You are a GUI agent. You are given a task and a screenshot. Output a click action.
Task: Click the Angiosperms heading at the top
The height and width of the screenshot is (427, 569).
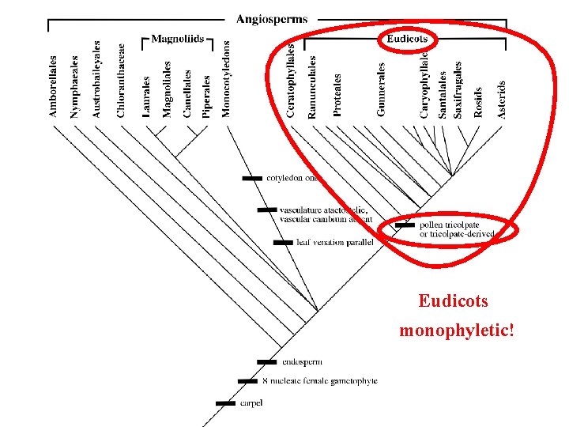pyautogui.click(x=273, y=18)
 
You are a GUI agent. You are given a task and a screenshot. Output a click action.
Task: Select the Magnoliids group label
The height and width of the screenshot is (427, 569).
pyautogui.click(x=178, y=39)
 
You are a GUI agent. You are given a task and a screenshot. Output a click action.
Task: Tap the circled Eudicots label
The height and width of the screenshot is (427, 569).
pyautogui.click(x=406, y=39)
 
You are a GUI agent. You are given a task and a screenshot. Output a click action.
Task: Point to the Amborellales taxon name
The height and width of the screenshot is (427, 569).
pyautogui.click(x=53, y=85)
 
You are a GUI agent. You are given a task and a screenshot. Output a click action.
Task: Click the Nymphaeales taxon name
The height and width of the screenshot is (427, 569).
pyautogui.click(x=75, y=87)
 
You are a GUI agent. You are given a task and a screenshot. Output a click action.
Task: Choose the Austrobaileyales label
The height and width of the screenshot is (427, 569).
pyautogui.click(x=96, y=80)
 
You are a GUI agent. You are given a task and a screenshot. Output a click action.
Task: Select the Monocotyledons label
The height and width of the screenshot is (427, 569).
pyautogui.click(x=227, y=79)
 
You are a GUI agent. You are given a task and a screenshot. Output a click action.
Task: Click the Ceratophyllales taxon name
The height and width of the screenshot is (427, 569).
pyautogui.click(x=291, y=81)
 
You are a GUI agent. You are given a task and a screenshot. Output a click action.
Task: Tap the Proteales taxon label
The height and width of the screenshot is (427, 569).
pyautogui.click(x=337, y=95)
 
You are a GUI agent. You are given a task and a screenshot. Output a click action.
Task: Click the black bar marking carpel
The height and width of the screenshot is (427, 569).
pyautogui.click(x=227, y=403)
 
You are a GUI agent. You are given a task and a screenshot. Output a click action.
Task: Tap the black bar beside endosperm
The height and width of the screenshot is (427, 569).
pyautogui.click(x=269, y=362)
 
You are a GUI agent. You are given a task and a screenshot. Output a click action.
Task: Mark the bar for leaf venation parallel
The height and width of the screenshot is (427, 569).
pyautogui.click(x=282, y=243)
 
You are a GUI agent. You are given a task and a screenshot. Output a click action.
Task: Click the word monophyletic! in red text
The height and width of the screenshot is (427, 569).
pyautogui.click(x=457, y=329)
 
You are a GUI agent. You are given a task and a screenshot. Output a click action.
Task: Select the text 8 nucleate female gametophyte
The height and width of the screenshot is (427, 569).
pyautogui.click(x=319, y=381)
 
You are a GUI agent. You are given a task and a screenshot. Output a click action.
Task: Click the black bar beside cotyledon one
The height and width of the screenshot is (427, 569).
pyautogui.click(x=252, y=179)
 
